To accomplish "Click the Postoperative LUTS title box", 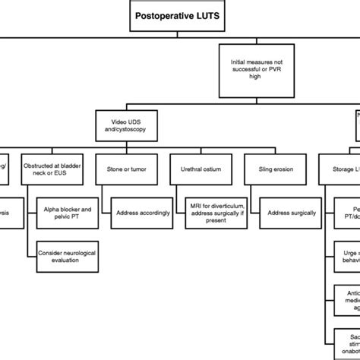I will point(179,17).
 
